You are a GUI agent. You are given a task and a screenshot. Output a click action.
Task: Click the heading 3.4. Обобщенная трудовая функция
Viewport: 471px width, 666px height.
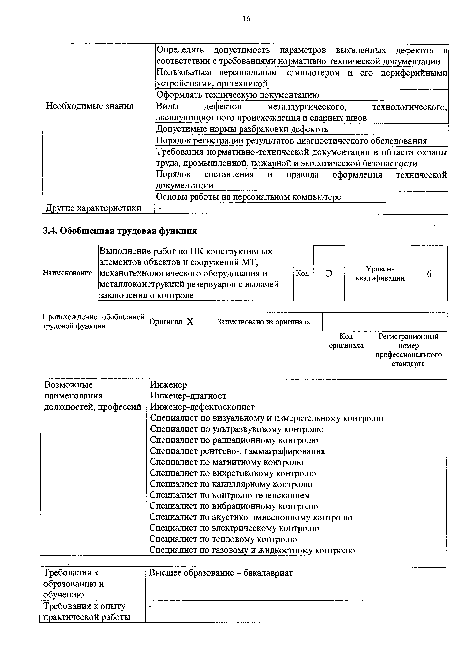pyautogui.click(x=120, y=231)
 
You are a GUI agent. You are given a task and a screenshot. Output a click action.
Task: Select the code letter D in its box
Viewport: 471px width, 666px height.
pyautogui.click(x=329, y=273)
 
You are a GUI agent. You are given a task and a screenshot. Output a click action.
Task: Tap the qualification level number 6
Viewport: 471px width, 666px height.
pyautogui.click(x=429, y=274)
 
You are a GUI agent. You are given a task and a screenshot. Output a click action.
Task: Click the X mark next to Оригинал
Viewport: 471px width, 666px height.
pyautogui.click(x=190, y=321)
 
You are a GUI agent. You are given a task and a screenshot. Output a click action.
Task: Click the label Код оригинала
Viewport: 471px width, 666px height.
pyautogui.click(x=346, y=341)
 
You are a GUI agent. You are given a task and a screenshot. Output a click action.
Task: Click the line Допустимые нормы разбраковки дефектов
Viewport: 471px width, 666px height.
pyautogui.click(x=242, y=129)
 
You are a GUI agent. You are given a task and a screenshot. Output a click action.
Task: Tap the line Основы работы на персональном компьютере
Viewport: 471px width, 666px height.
pyautogui.click(x=248, y=197)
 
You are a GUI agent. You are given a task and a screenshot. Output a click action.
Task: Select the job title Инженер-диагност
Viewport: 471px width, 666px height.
pyautogui.click(x=188, y=396)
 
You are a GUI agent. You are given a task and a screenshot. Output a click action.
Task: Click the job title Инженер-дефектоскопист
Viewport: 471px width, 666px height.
pyautogui.click(x=202, y=407)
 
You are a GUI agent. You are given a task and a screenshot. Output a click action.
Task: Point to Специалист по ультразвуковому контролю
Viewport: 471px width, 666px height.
pyautogui.click(x=237, y=429)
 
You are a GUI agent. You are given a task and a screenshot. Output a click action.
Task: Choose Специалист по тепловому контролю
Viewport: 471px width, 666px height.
pyautogui.click(x=223, y=539)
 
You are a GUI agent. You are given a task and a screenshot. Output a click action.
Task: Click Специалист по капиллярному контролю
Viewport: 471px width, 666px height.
pyautogui.click(x=231, y=484)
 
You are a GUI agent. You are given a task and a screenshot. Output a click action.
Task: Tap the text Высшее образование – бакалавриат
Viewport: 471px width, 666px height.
pyautogui.click(x=221, y=573)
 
